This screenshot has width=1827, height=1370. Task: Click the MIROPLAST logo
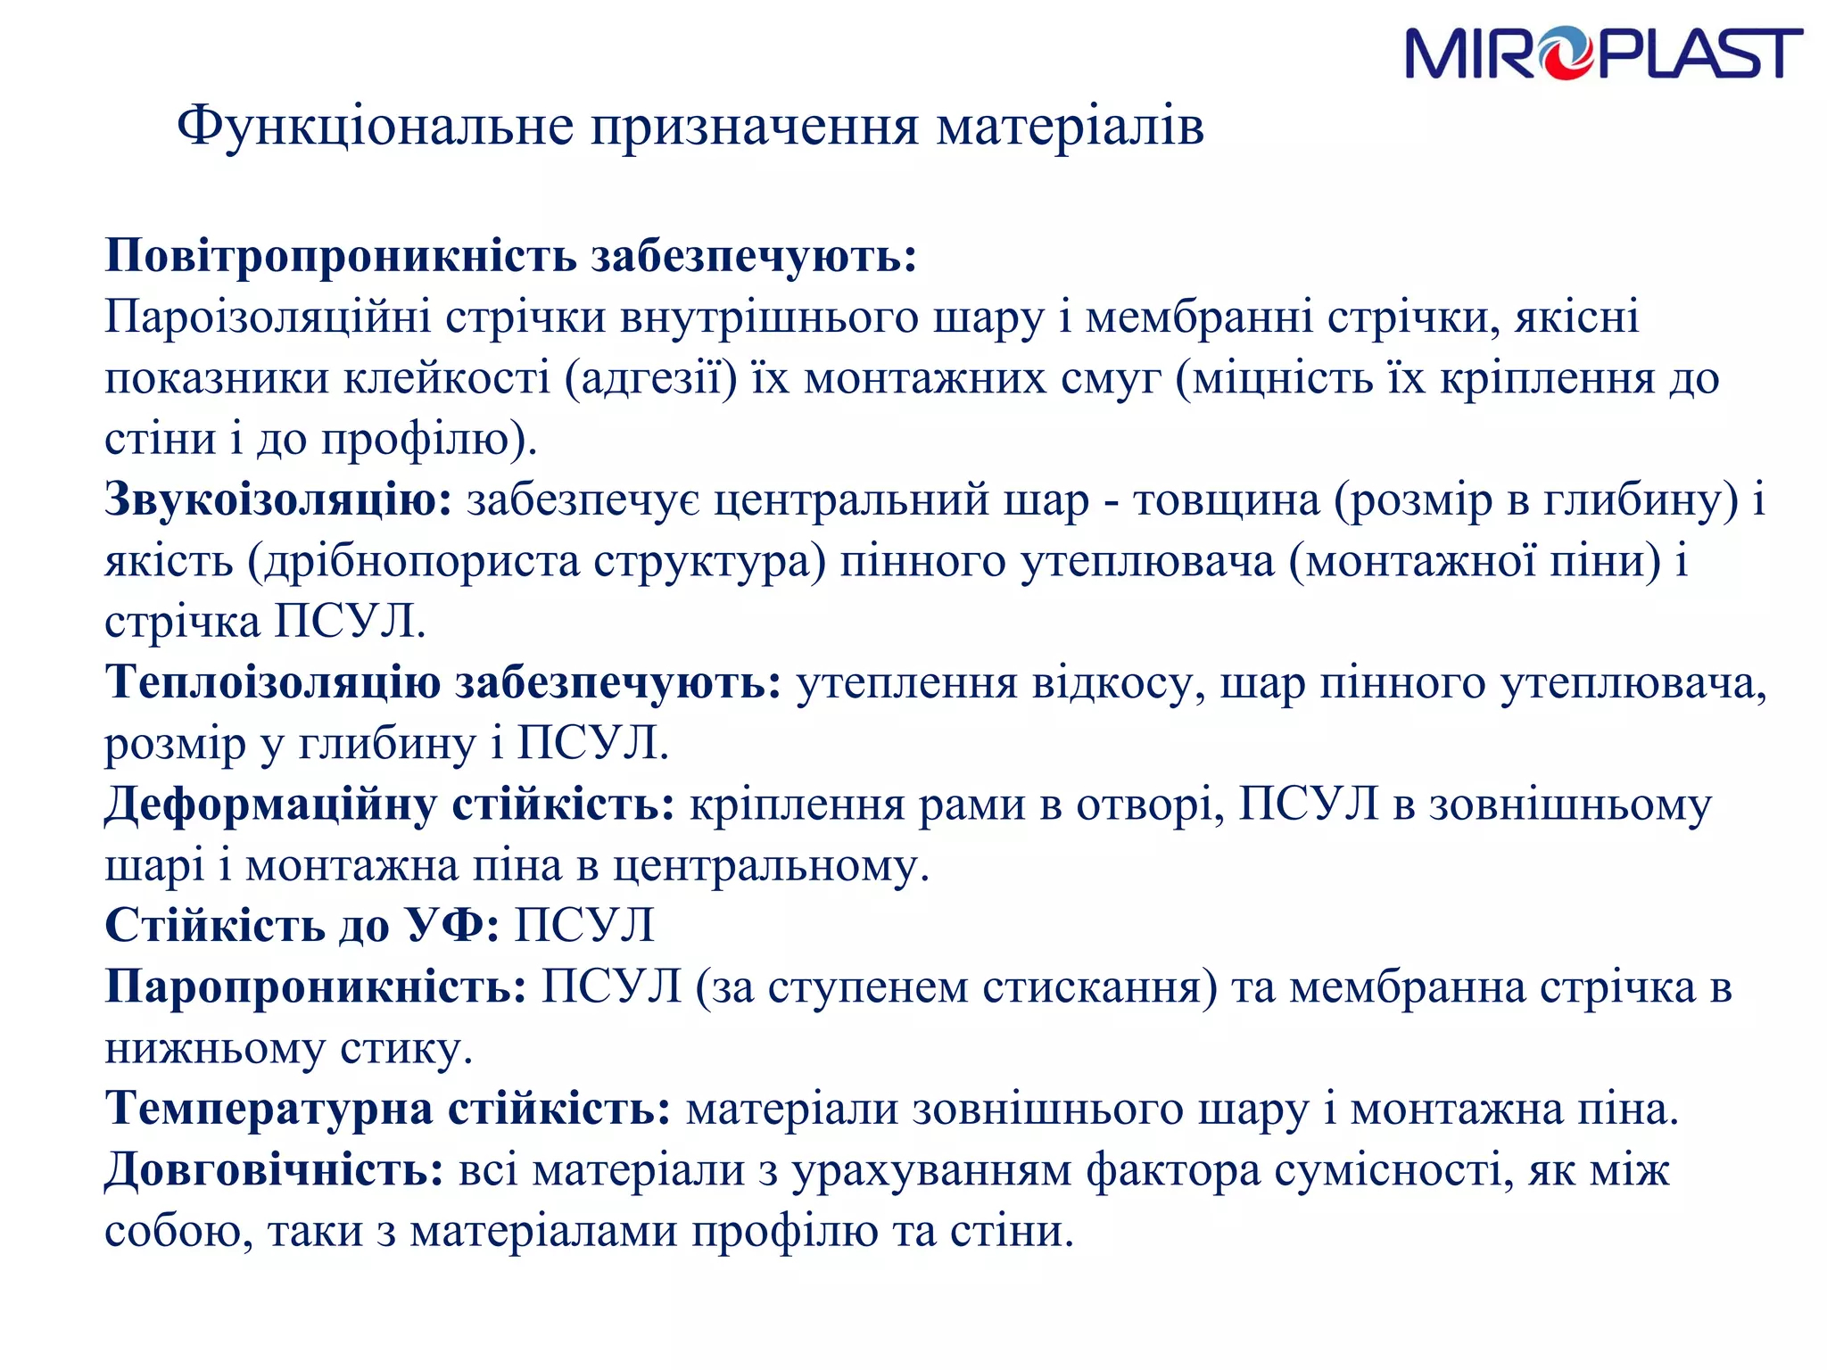1603,53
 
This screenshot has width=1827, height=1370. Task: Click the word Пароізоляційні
268,317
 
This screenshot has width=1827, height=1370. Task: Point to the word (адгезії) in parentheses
650,378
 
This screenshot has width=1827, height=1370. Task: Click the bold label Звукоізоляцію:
278,499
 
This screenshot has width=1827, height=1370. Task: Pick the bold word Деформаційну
271,805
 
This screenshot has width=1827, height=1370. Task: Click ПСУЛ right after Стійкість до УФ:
584,926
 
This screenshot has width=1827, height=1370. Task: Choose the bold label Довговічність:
274,1169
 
